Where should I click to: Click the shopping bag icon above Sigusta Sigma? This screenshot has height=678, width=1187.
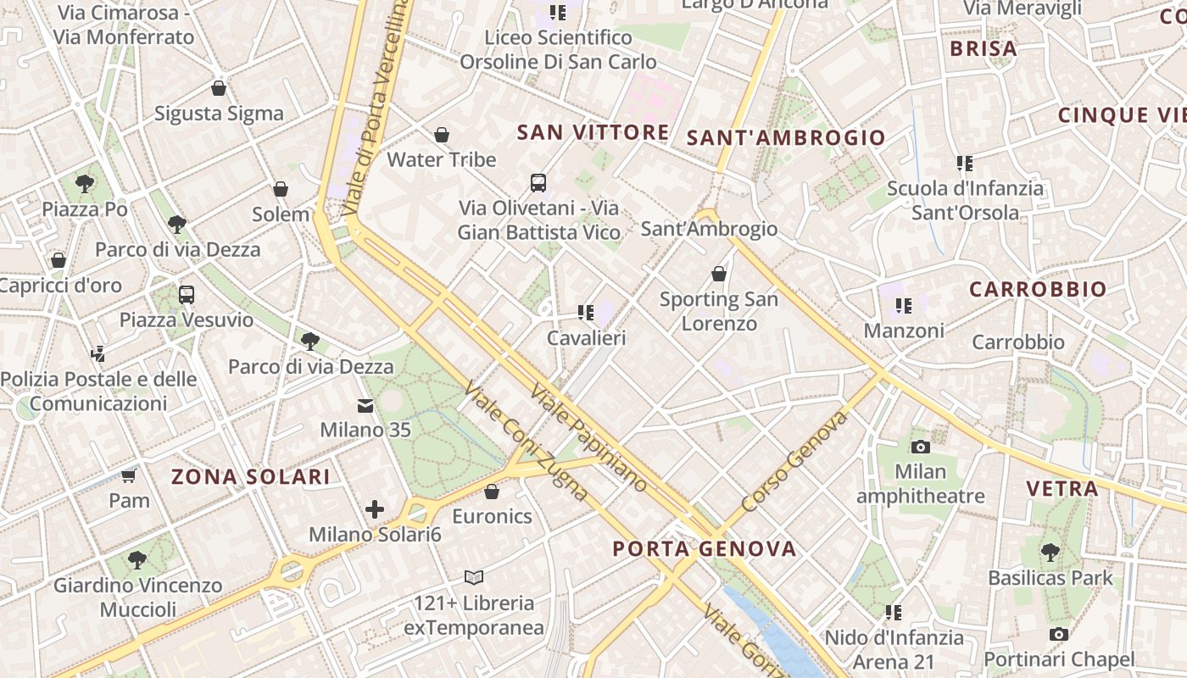click(219, 88)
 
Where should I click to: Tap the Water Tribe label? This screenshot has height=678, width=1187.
click(441, 159)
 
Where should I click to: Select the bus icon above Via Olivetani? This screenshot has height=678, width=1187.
click(538, 182)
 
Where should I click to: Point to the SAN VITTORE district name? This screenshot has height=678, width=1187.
click(593, 132)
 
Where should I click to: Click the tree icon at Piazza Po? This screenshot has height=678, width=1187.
click(85, 183)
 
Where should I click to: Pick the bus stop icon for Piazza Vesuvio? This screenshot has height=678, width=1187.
click(187, 295)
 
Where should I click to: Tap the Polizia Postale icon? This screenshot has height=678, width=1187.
click(98, 353)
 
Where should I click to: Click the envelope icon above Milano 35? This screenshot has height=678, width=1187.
click(365, 405)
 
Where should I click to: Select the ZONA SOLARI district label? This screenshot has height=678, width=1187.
click(251, 476)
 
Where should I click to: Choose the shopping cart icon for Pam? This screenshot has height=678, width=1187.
click(129, 475)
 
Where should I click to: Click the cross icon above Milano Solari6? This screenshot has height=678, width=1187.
click(375, 509)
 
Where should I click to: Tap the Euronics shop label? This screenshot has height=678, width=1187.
click(492, 516)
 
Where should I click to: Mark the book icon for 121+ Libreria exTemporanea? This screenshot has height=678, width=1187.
click(474, 578)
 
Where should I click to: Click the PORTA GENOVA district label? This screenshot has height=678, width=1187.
click(705, 548)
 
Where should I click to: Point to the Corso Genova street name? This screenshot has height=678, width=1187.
click(794, 462)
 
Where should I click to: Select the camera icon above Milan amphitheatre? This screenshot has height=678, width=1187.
click(921, 447)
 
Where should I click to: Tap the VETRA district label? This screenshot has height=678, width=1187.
click(1062, 488)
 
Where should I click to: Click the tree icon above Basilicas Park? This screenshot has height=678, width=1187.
click(1050, 553)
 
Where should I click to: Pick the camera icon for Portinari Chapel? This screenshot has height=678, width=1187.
click(1059, 634)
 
